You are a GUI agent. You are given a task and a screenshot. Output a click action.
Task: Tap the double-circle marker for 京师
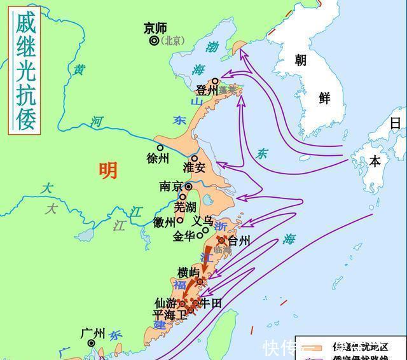coord(154,41)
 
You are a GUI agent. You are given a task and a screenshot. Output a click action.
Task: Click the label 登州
coord(207,91)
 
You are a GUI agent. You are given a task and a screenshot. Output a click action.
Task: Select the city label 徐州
coord(158,158)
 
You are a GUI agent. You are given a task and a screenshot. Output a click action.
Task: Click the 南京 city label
coord(171,187)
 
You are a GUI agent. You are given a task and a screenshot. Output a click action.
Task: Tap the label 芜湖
coord(186,207)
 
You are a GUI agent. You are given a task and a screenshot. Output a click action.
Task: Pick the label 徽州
coord(164,222)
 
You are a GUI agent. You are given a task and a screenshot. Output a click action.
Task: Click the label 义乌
coord(203,221)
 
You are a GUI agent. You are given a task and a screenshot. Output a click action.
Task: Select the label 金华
coord(184,236)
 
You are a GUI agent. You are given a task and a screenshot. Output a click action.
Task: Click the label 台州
coord(239,241)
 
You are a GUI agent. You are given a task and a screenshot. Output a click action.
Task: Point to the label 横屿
coord(188,272)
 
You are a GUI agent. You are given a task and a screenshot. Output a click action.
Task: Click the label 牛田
coord(210,304)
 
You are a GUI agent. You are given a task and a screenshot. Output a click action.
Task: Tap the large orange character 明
coord(108,170)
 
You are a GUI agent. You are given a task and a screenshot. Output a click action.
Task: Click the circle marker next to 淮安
coord(194,158)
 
